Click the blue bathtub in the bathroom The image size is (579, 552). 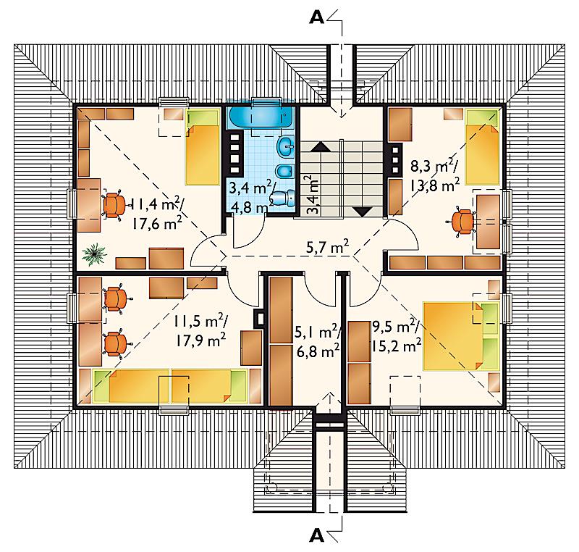[x=261, y=117]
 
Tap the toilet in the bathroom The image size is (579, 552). [x=284, y=198]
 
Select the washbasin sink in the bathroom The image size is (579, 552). [x=286, y=146]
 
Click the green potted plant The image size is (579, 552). [x=95, y=254]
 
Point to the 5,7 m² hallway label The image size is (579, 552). [x=328, y=246]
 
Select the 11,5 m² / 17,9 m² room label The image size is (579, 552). [x=200, y=330]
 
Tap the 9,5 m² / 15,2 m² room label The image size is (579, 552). [x=397, y=336]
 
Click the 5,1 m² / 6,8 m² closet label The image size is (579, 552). [x=317, y=341]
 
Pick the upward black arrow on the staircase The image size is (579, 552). [x=322, y=147]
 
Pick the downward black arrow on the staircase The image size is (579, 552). [x=363, y=212]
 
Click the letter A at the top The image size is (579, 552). [x=316, y=17]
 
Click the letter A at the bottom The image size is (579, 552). [x=316, y=535]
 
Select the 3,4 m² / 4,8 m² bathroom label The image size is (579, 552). [x=251, y=197]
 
